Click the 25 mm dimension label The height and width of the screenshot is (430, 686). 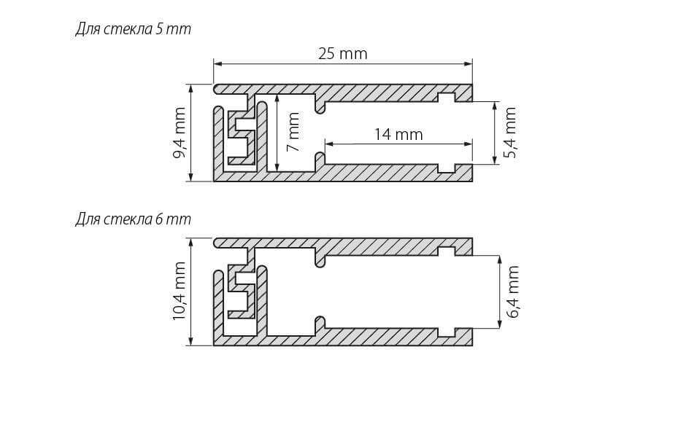point(342,54)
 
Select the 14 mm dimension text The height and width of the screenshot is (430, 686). point(398,134)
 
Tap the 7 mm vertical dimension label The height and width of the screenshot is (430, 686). point(293,132)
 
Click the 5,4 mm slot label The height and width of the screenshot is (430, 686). point(510,133)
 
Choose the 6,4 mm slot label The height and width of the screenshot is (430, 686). point(513,291)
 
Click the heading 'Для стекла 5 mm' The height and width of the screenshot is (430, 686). point(133,30)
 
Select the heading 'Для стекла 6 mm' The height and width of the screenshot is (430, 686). point(133,219)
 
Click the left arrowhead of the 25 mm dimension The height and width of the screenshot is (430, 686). point(217,63)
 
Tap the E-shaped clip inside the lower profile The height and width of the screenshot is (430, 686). point(241,292)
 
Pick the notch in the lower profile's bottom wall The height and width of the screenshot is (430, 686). point(446,332)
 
